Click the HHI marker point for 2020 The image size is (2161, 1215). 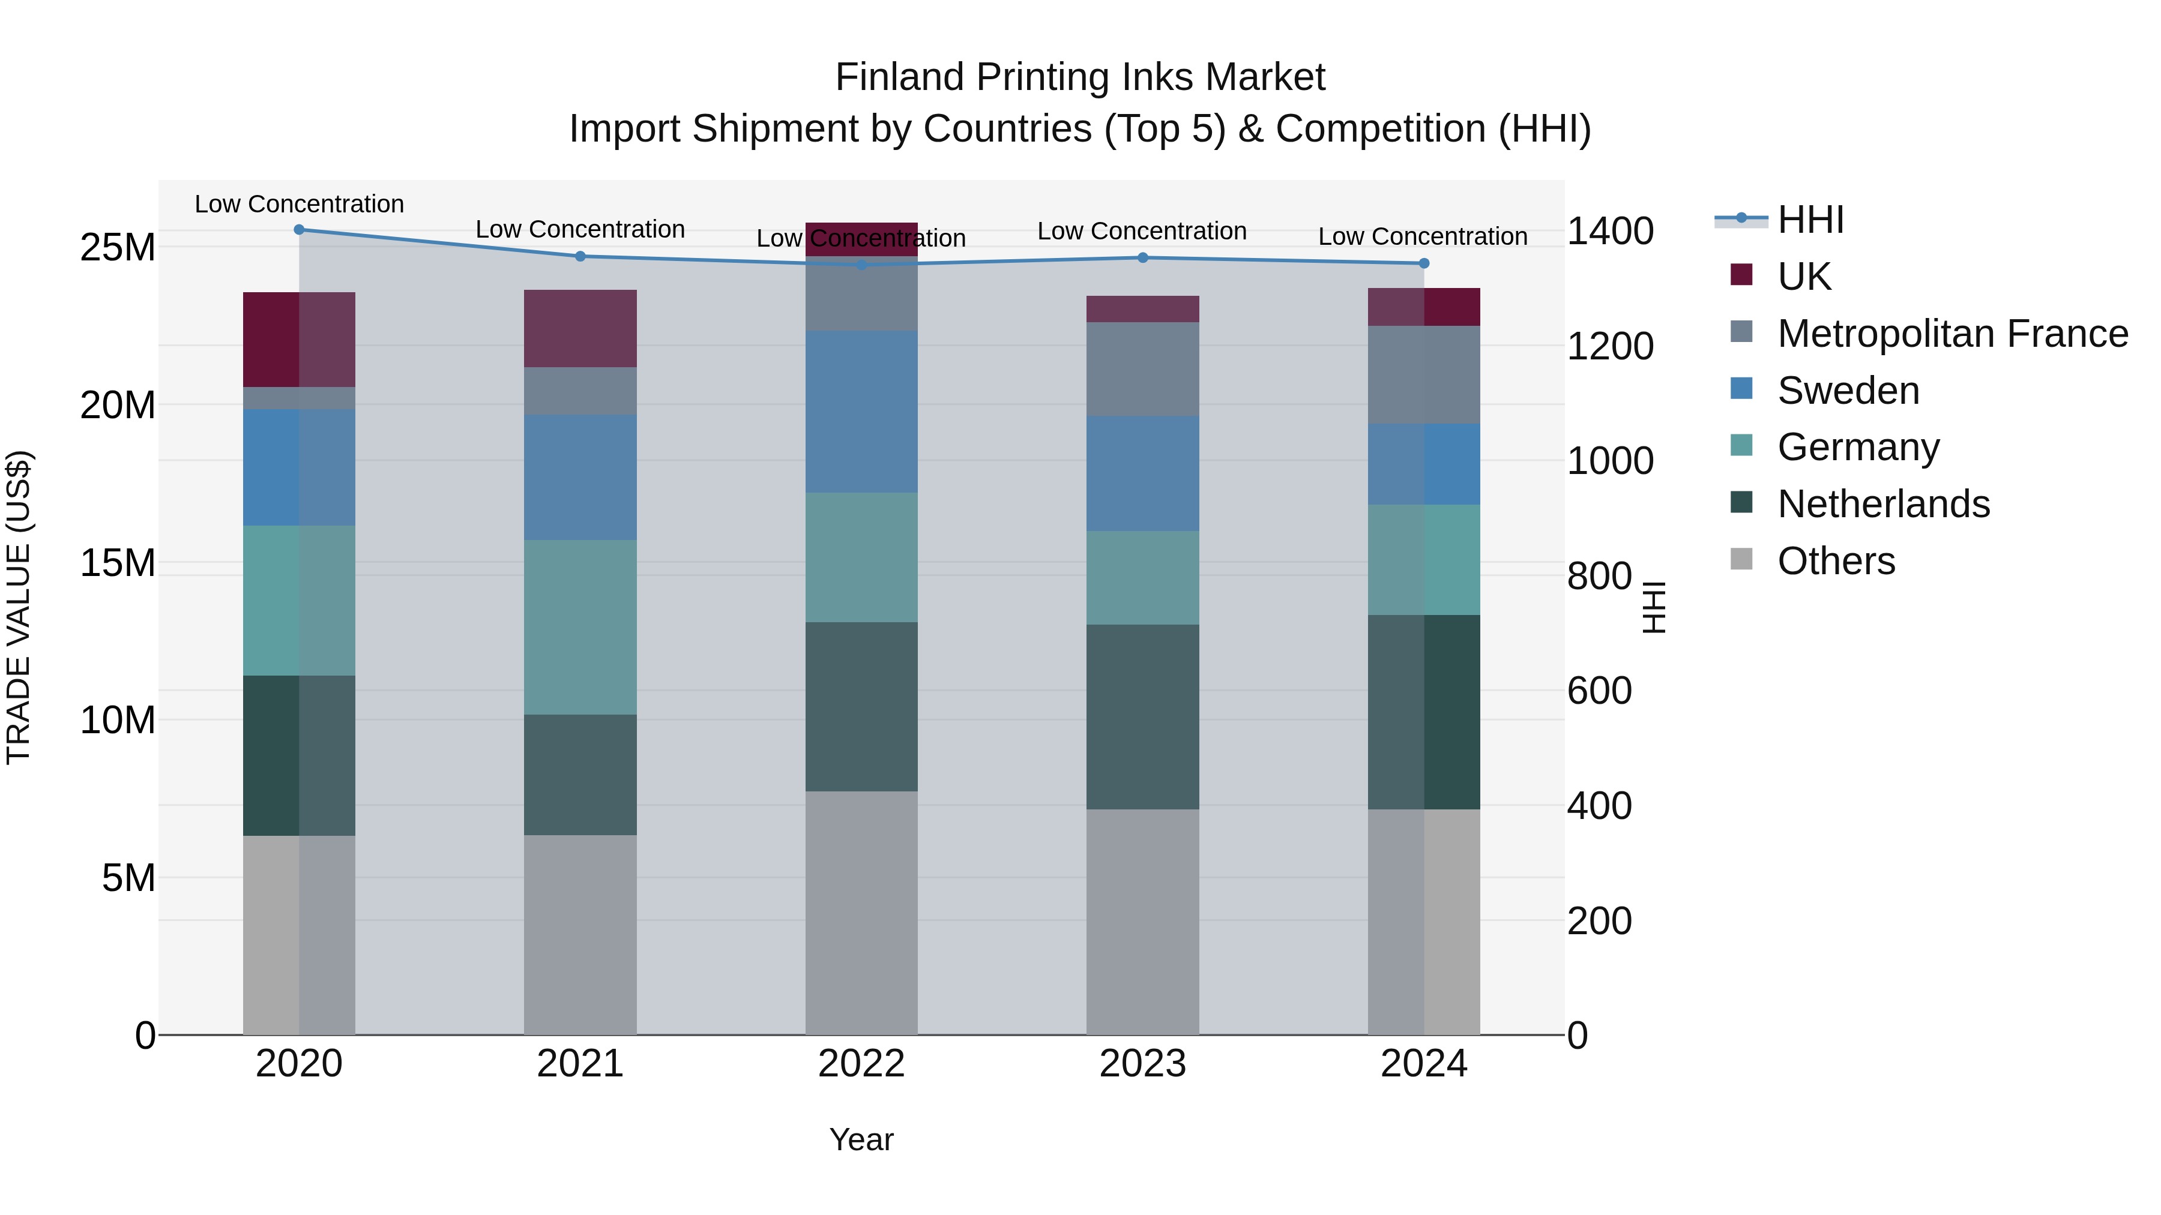[300, 230]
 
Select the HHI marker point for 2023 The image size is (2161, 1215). [1142, 257]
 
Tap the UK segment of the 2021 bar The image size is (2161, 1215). [580, 329]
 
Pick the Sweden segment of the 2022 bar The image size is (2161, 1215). [861, 412]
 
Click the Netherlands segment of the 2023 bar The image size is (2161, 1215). [1142, 717]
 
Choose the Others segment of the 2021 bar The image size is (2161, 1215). [580, 935]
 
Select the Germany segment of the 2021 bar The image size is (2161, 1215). [580, 627]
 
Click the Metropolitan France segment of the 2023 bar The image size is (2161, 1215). [1142, 369]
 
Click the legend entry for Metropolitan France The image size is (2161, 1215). [1952, 334]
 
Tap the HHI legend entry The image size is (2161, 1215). [1810, 220]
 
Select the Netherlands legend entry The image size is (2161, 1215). [1883, 504]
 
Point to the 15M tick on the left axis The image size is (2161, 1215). [118, 563]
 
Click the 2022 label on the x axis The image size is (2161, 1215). [861, 1064]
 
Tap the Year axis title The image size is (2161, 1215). [861, 1139]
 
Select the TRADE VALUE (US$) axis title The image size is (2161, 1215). [19, 607]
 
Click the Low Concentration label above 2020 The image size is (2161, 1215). [300, 204]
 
